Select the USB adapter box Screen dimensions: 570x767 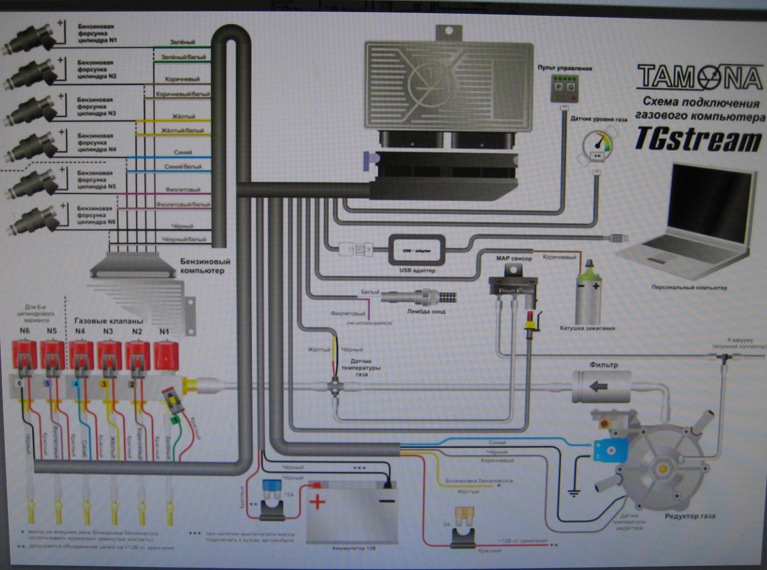[x=417, y=250]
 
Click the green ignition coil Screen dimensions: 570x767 [x=588, y=293]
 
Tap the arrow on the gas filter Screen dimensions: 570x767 [x=598, y=386]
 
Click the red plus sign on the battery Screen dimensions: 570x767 [x=317, y=502]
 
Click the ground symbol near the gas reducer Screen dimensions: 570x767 [x=574, y=493]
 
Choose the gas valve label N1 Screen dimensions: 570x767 [x=164, y=331]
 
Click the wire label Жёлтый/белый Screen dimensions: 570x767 [x=182, y=131]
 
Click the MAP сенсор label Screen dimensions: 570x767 [x=514, y=258]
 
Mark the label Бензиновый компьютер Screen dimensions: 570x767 [x=205, y=266]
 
